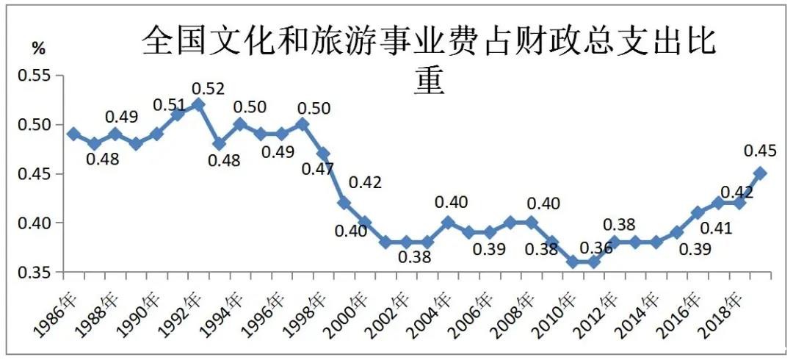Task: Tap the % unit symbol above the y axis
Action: [38, 49]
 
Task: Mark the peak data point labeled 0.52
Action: [198, 104]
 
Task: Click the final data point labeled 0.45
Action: [761, 173]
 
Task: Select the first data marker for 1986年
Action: [73, 134]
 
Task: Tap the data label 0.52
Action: [208, 89]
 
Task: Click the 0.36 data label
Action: [596, 248]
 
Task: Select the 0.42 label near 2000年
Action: [365, 183]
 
